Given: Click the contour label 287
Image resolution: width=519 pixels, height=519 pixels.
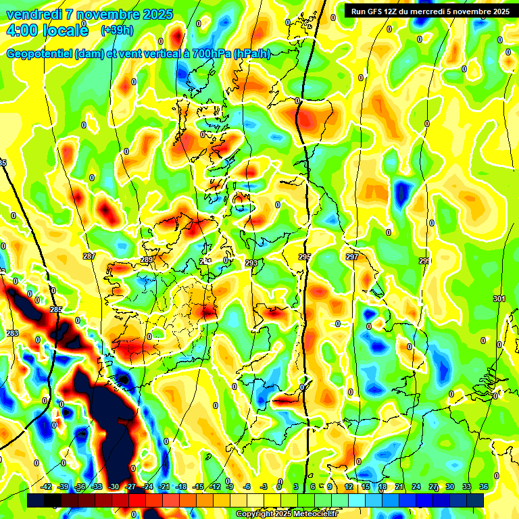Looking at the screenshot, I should coord(89,256).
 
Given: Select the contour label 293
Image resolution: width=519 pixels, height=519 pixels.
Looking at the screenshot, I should coord(251,263).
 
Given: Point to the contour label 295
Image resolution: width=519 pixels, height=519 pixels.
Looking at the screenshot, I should coord(305,257).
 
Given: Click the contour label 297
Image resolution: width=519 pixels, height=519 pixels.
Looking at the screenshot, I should coord(352,257).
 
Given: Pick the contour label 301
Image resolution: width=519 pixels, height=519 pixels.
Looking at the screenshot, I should coord(499,299).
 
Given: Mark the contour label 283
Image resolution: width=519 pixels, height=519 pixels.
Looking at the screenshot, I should coord(12,333).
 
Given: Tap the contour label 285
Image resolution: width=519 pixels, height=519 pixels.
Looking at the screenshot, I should coord(56,310).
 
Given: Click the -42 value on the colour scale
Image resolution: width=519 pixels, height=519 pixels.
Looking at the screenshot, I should coord(47,487).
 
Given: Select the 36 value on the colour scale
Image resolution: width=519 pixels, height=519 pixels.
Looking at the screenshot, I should coord(485,487).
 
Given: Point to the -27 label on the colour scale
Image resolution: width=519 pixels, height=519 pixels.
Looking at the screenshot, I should coord(130,487).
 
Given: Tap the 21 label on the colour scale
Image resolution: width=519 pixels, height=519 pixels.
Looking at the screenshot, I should coord(399,487).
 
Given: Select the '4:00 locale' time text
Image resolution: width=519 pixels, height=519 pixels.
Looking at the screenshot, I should coord(46,30).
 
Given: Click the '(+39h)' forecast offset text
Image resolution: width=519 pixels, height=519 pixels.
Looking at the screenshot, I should coord(116,30).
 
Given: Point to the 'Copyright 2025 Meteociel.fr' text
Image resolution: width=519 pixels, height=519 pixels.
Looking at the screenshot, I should coord(287,514).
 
